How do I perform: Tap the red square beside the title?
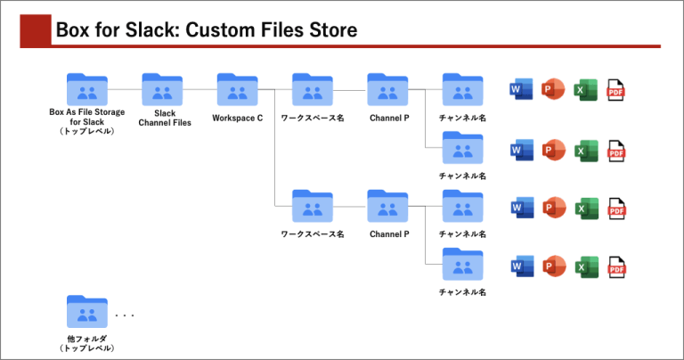(x=36, y=30)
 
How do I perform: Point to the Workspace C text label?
(x=238, y=118)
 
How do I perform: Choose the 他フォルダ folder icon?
(x=87, y=314)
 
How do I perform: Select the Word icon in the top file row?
(x=519, y=90)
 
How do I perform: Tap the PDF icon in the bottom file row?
(x=615, y=266)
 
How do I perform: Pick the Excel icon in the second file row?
(x=585, y=150)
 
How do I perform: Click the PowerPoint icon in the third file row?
(x=553, y=209)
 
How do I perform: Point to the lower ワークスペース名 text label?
(x=313, y=234)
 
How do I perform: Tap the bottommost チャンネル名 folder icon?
(x=462, y=265)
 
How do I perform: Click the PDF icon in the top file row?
(x=615, y=91)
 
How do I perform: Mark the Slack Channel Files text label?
(x=164, y=118)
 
